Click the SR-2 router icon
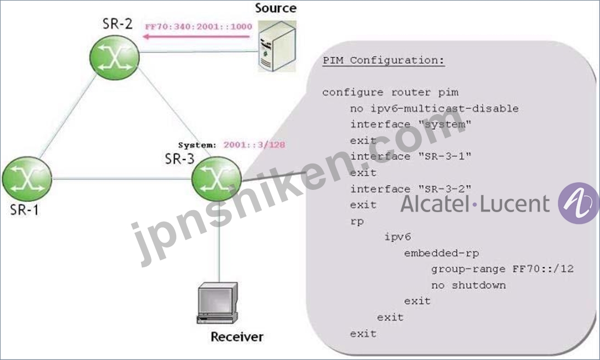[115, 58]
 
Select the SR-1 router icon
[27, 179]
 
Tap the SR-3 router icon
[216, 179]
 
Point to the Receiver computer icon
[217, 303]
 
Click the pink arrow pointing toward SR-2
[196, 37]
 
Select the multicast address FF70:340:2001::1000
[199, 27]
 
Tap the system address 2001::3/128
[254, 145]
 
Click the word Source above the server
[276, 8]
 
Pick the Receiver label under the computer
[237, 336]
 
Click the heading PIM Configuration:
[383, 60]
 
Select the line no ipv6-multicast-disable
[434, 109]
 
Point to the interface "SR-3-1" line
[411, 156]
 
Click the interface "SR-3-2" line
[411, 189]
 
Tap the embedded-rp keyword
[441, 254]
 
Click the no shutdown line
[468, 285]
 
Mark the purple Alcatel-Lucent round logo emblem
[578, 203]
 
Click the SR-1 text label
[24, 210]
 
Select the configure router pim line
[390, 93]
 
